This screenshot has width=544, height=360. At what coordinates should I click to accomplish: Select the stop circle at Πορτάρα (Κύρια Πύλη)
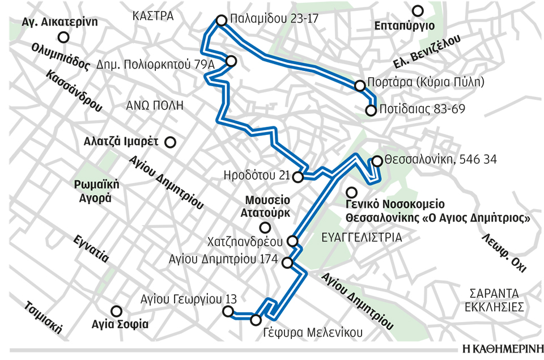(x=359, y=86)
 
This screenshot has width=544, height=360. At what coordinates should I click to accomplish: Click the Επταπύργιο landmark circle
(x=418, y=10)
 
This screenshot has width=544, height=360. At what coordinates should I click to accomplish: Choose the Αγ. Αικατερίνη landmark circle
(x=64, y=37)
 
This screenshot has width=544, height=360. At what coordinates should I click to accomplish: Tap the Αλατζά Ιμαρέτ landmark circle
(x=169, y=142)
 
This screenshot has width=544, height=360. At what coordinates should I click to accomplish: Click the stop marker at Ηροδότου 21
(x=298, y=177)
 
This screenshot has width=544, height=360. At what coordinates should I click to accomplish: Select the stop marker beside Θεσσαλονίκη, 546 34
(x=376, y=161)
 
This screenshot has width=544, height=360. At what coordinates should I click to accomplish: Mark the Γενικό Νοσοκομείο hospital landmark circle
(x=351, y=192)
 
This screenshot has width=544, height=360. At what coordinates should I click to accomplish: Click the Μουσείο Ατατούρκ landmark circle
(x=265, y=228)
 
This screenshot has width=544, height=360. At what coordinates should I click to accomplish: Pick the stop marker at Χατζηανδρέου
(x=293, y=242)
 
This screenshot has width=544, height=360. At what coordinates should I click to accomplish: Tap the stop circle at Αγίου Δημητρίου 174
(x=287, y=262)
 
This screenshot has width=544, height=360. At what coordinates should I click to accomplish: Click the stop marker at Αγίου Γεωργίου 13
(x=228, y=311)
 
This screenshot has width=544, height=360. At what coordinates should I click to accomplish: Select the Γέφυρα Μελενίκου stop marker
(x=256, y=320)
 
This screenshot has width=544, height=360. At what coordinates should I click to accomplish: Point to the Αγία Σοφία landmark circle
(x=117, y=311)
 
